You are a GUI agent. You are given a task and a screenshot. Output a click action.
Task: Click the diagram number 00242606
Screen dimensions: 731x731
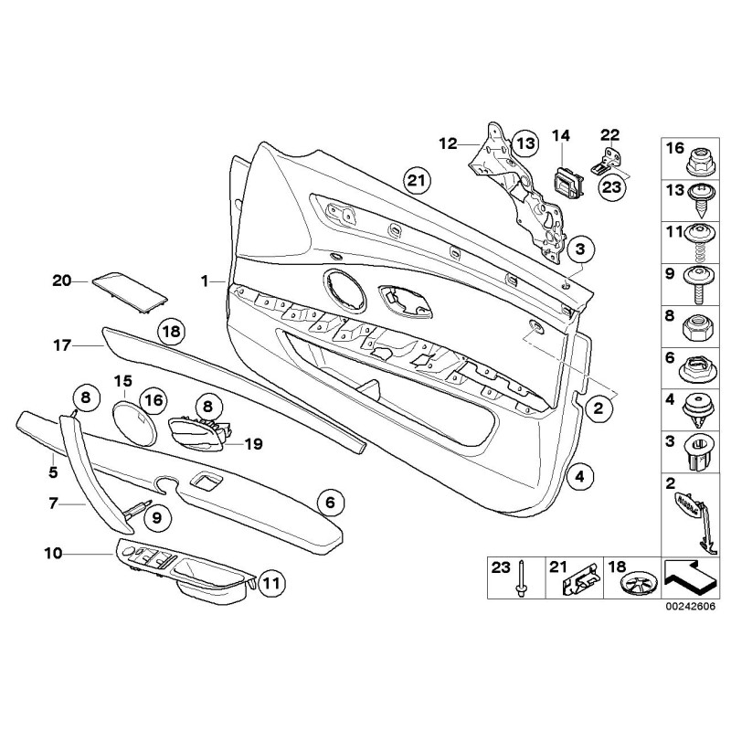click(690, 606)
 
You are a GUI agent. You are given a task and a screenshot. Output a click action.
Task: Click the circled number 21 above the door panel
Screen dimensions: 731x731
click(416, 181)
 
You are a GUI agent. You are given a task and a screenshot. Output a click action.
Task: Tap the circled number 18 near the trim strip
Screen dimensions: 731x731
click(171, 331)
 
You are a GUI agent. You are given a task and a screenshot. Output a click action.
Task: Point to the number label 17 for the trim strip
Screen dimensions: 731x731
click(61, 345)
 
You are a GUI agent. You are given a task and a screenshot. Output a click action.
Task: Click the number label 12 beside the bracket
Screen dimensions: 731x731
click(447, 143)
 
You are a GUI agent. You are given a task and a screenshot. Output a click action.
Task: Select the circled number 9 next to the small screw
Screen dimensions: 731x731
click(155, 517)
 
